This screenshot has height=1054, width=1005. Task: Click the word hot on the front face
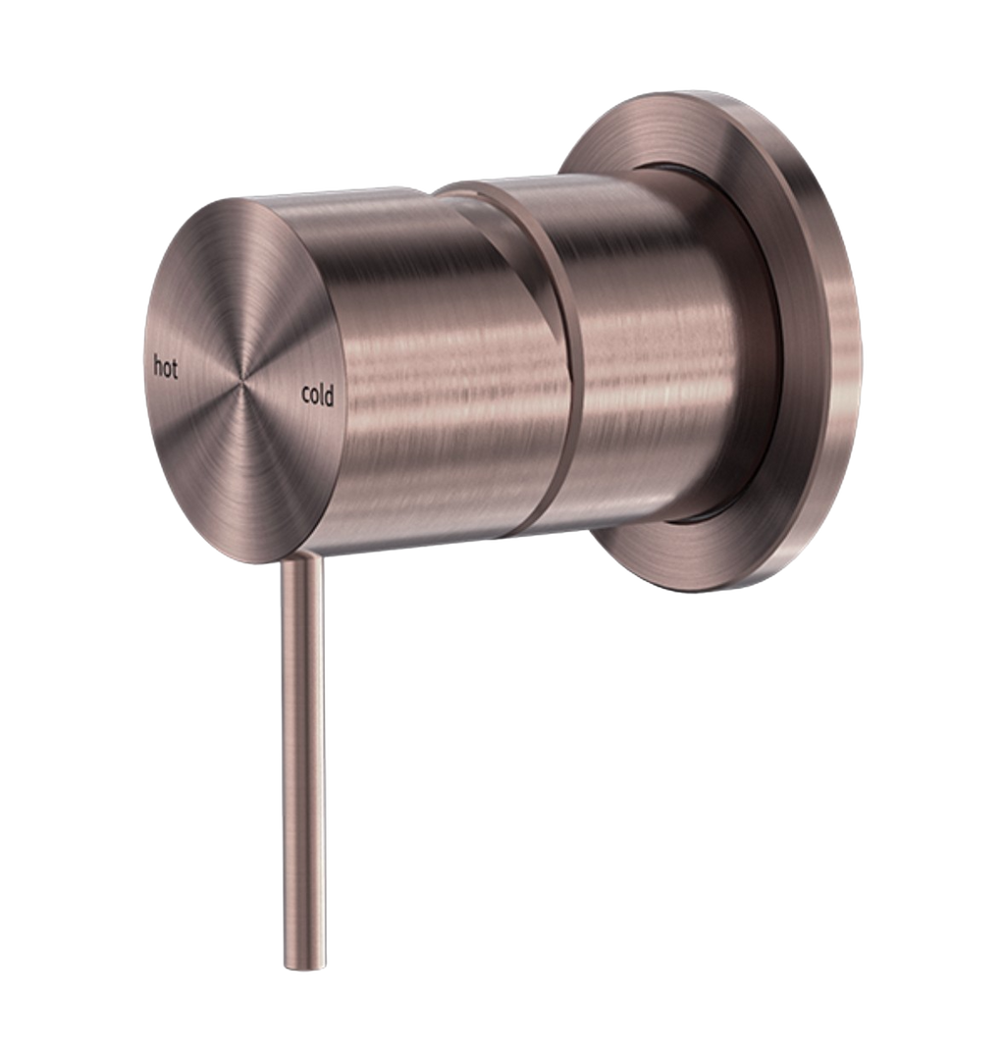[x=165, y=368]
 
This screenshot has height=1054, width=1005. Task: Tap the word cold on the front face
[x=318, y=395]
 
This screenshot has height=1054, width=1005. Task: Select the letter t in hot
[x=175, y=369]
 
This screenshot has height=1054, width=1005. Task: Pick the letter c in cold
[x=306, y=396]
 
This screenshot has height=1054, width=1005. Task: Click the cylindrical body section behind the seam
[x=648, y=353]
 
